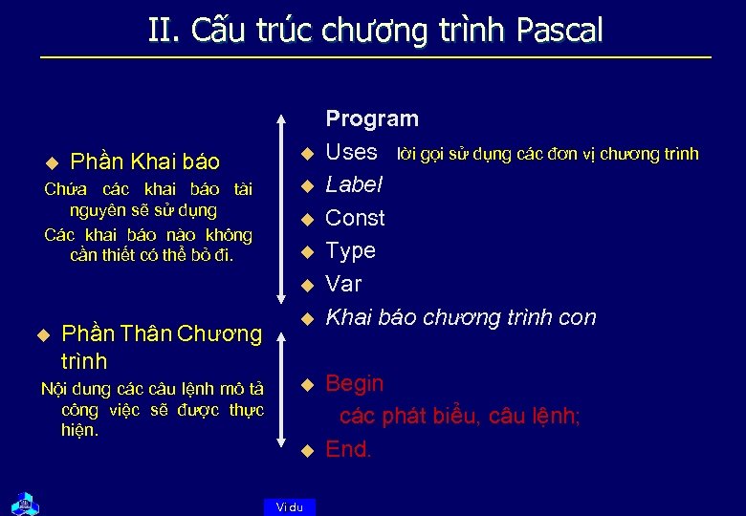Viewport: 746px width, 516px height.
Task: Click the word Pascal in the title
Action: (559, 31)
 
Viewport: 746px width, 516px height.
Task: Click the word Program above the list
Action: (372, 119)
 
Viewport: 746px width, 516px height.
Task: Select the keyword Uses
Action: (352, 152)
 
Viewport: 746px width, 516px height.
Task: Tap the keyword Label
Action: (354, 184)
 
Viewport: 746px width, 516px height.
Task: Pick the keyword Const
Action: (355, 218)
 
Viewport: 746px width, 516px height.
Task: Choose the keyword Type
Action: (350, 250)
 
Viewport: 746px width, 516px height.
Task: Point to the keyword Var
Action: (343, 284)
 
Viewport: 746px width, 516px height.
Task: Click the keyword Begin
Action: (355, 384)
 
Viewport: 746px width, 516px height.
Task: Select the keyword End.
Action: (348, 450)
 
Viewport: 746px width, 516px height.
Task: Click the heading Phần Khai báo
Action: (145, 161)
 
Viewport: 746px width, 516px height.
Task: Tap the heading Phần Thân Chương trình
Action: (161, 347)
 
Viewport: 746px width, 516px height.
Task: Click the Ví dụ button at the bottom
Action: (289, 507)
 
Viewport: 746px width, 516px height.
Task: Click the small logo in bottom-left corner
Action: (22, 503)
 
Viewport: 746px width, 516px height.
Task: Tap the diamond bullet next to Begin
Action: (307, 384)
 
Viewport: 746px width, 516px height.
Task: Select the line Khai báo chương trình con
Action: (460, 317)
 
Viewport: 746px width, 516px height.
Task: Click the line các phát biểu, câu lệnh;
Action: (460, 417)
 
